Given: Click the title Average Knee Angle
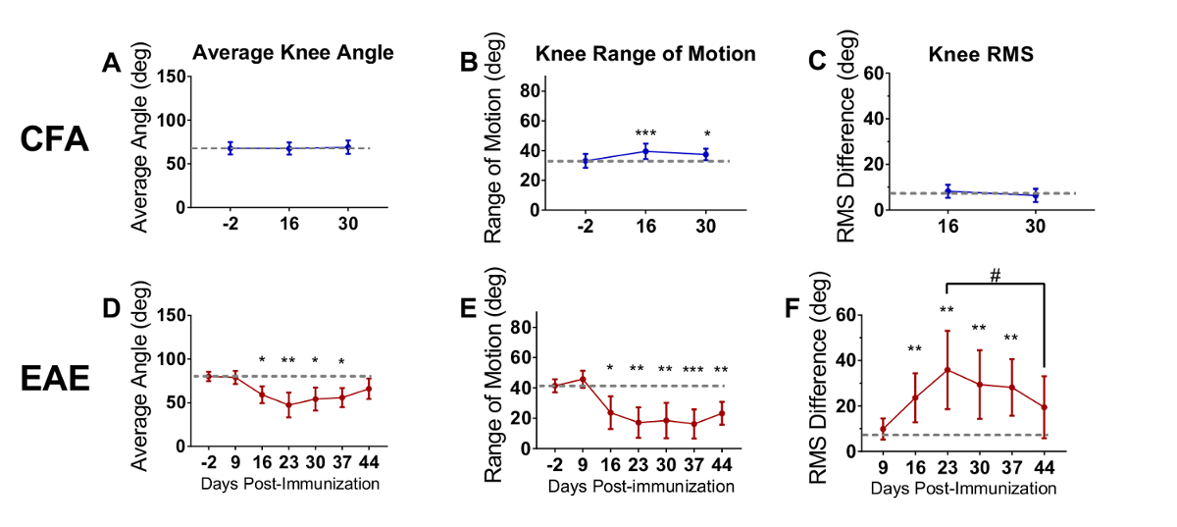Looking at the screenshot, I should tap(292, 54).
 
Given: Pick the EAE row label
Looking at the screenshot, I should tap(55, 378).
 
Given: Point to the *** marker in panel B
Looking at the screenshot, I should tap(645, 133).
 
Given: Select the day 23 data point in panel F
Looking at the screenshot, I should tap(946, 370).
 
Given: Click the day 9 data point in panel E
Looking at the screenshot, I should tap(584, 379).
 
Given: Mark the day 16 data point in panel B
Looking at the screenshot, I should tap(645, 151).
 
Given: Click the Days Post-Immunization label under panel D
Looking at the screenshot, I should tap(290, 484).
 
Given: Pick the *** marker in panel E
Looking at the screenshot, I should tap(692, 369).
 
